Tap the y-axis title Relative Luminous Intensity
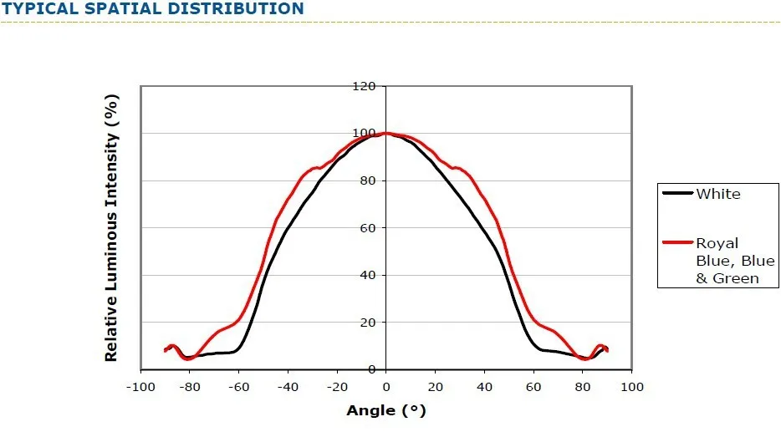pos(111,227)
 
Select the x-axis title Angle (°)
pos(386,410)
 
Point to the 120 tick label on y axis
pos(364,86)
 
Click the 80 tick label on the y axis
pos(368,180)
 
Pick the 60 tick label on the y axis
pos(368,228)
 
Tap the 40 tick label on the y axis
pos(368,275)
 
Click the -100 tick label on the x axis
pos(140,387)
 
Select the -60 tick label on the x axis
pos(238,387)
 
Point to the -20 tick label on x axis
pos(337,387)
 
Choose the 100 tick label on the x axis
pos(631,387)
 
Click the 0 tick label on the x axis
pos(386,387)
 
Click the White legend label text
pos(718,194)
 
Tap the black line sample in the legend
pos(678,193)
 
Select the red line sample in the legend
pos(678,242)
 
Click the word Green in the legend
pos(736,278)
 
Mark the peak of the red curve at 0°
pos(386,133)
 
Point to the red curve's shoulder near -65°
pos(227,327)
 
